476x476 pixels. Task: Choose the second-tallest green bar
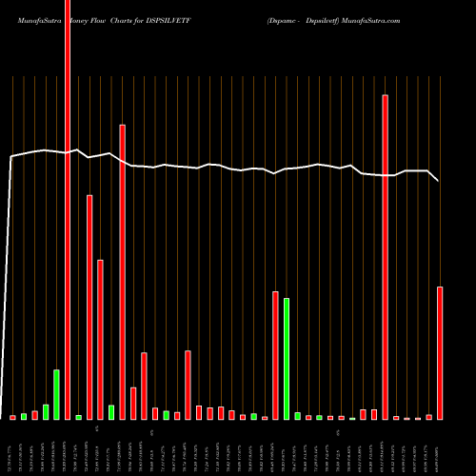(x=57, y=394)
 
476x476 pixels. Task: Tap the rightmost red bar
(x=440, y=353)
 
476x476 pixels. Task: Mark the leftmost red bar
(x=13, y=417)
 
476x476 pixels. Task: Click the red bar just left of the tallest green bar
(x=275, y=355)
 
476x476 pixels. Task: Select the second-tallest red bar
(x=386, y=257)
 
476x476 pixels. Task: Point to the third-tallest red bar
(x=123, y=271)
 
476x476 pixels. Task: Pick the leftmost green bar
(x=24, y=416)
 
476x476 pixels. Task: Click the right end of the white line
(x=439, y=180)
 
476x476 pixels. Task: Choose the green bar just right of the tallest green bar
(x=297, y=416)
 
